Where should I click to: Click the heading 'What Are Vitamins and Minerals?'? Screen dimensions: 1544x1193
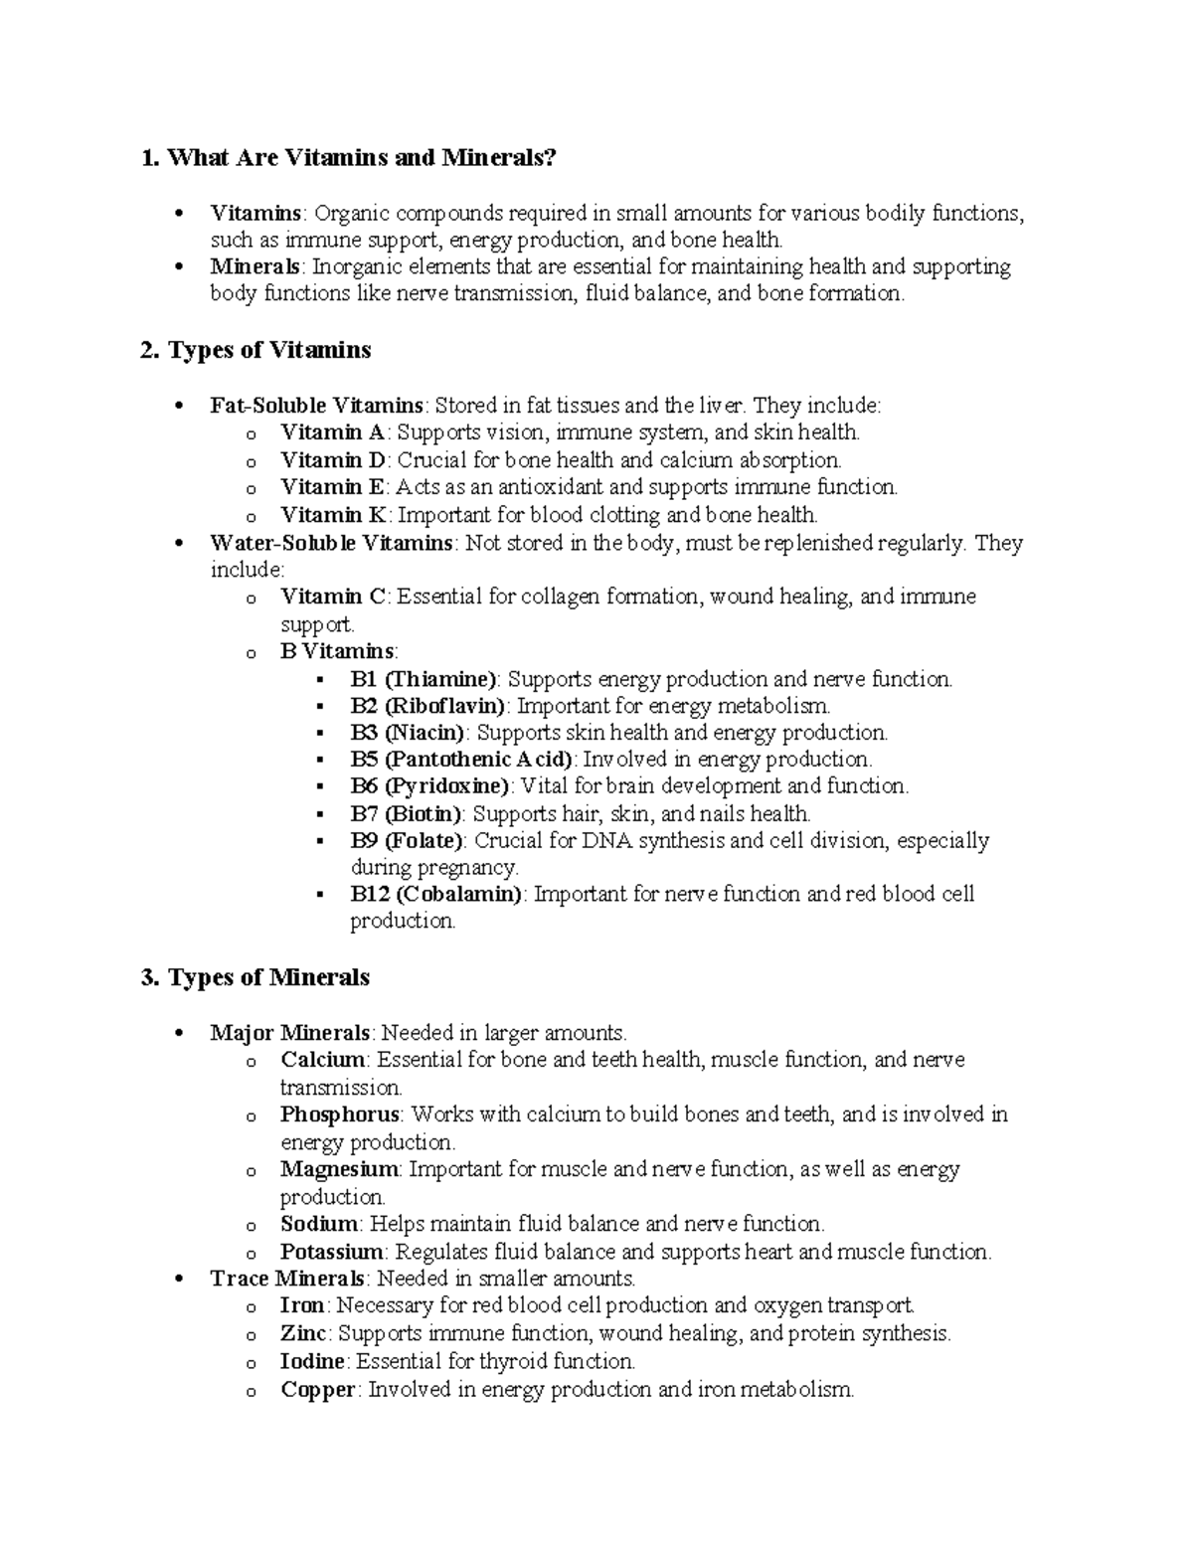(x=349, y=157)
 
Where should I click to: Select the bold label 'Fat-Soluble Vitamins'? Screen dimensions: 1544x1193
(x=317, y=406)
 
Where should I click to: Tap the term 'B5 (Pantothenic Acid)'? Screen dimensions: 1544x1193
(x=461, y=760)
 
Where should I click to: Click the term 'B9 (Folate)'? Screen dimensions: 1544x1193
(x=407, y=841)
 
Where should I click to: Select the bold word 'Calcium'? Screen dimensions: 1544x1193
(x=323, y=1060)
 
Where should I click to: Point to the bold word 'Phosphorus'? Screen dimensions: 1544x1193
(x=340, y=1115)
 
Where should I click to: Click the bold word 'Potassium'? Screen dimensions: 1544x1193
(x=332, y=1252)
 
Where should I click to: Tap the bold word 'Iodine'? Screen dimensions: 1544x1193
(x=312, y=1361)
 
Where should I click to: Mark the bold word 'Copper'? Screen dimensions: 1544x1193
(x=317, y=1390)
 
